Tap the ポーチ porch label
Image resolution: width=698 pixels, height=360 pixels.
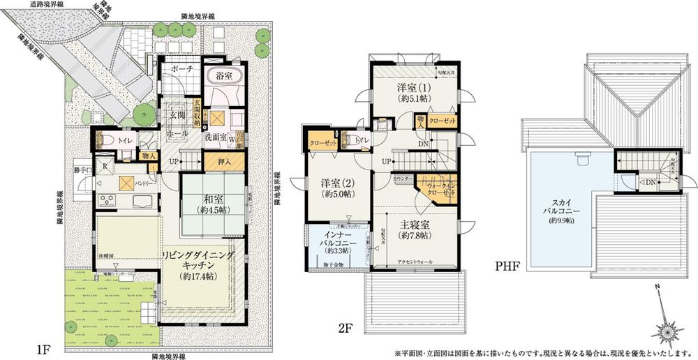183,70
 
